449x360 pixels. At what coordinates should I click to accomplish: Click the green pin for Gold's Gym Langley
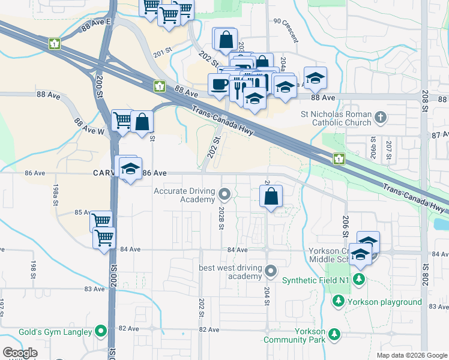click(x=101, y=331)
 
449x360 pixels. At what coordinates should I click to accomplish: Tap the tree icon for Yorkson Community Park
click(x=334, y=334)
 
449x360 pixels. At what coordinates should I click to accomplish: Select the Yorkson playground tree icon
click(x=339, y=300)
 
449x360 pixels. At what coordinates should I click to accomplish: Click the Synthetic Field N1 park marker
click(x=359, y=278)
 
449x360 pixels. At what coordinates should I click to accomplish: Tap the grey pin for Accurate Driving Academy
click(x=224, y=194)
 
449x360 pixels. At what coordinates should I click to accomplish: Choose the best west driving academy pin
click(x=271, y=271)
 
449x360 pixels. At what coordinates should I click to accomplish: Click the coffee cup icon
click(x=218, y=84)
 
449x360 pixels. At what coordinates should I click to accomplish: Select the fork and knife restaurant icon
click(x=239, y=88)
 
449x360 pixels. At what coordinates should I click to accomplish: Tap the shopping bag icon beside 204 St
click(x=271, y=195)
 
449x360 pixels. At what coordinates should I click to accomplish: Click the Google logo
click(x=20, y=353)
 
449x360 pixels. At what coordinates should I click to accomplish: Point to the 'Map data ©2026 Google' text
click(x=411, y=355)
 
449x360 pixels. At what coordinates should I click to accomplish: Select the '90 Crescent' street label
click(x=285, y=31)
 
